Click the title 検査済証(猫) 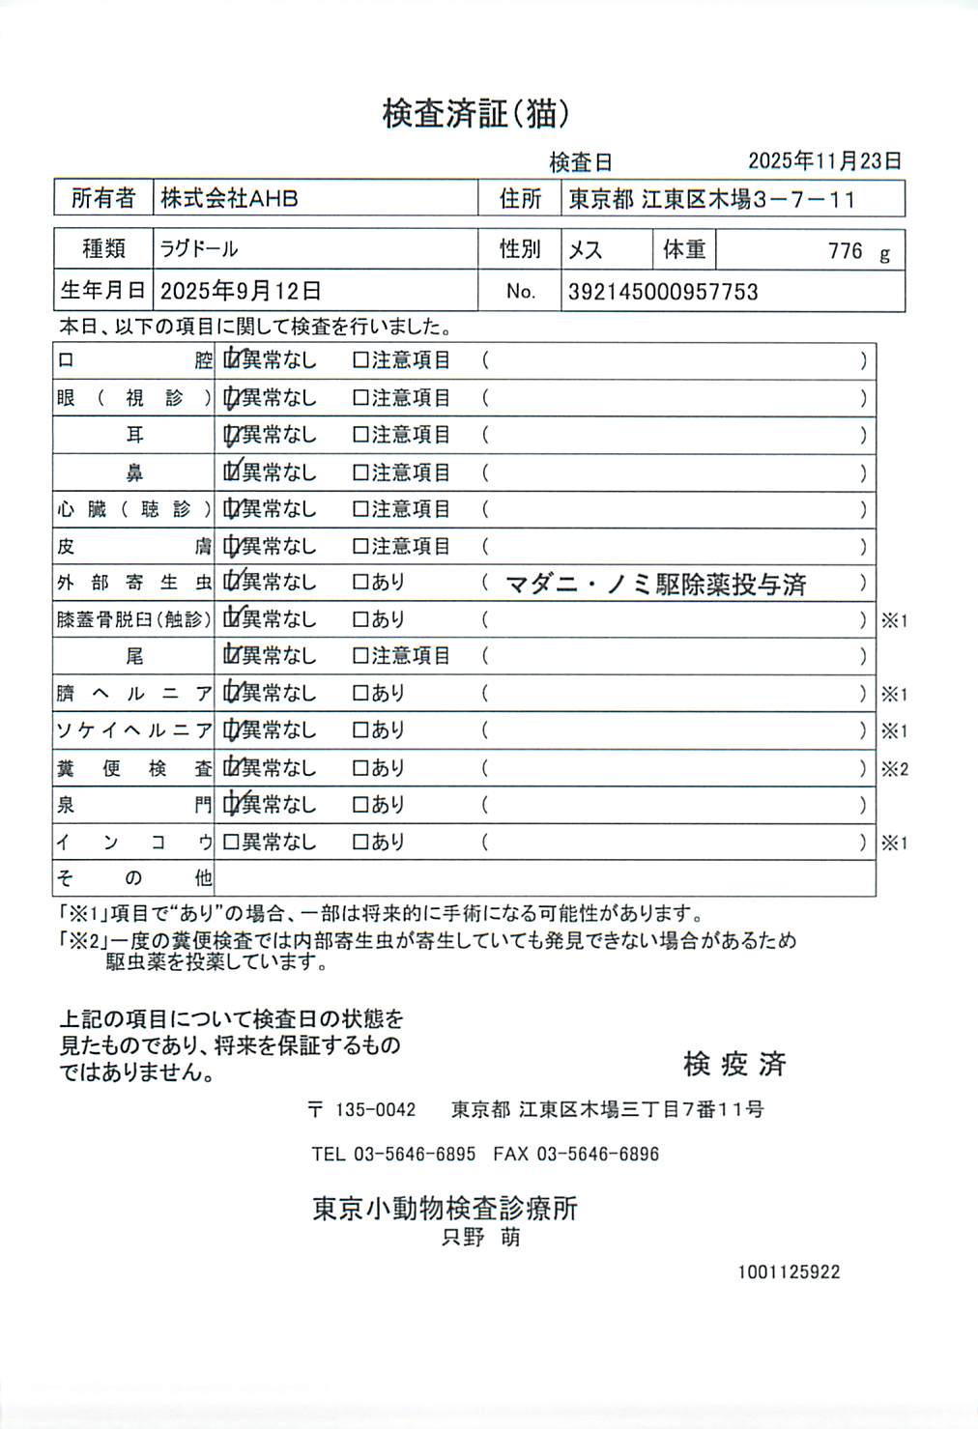(475, 114)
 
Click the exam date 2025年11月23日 (824, 160)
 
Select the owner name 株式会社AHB (229, 199)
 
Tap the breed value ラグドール (199, 249)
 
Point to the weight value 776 (845, 251)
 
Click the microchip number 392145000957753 (663, 292)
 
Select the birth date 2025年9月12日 (241, 291)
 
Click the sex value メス (585, 250)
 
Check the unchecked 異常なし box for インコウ (231, 843)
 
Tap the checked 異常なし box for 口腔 (232, 360)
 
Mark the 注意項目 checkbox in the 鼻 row (360, 472)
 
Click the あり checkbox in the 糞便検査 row (360, 768)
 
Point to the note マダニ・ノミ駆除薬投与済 (656, 584)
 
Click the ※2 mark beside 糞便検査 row (894, 770)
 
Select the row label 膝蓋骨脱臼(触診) (133, 619)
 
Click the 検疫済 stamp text (734, 1064)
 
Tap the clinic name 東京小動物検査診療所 (446, 1208)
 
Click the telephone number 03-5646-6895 (415, 1154)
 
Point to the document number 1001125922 (789, 1272)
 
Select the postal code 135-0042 (375, 1110)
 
